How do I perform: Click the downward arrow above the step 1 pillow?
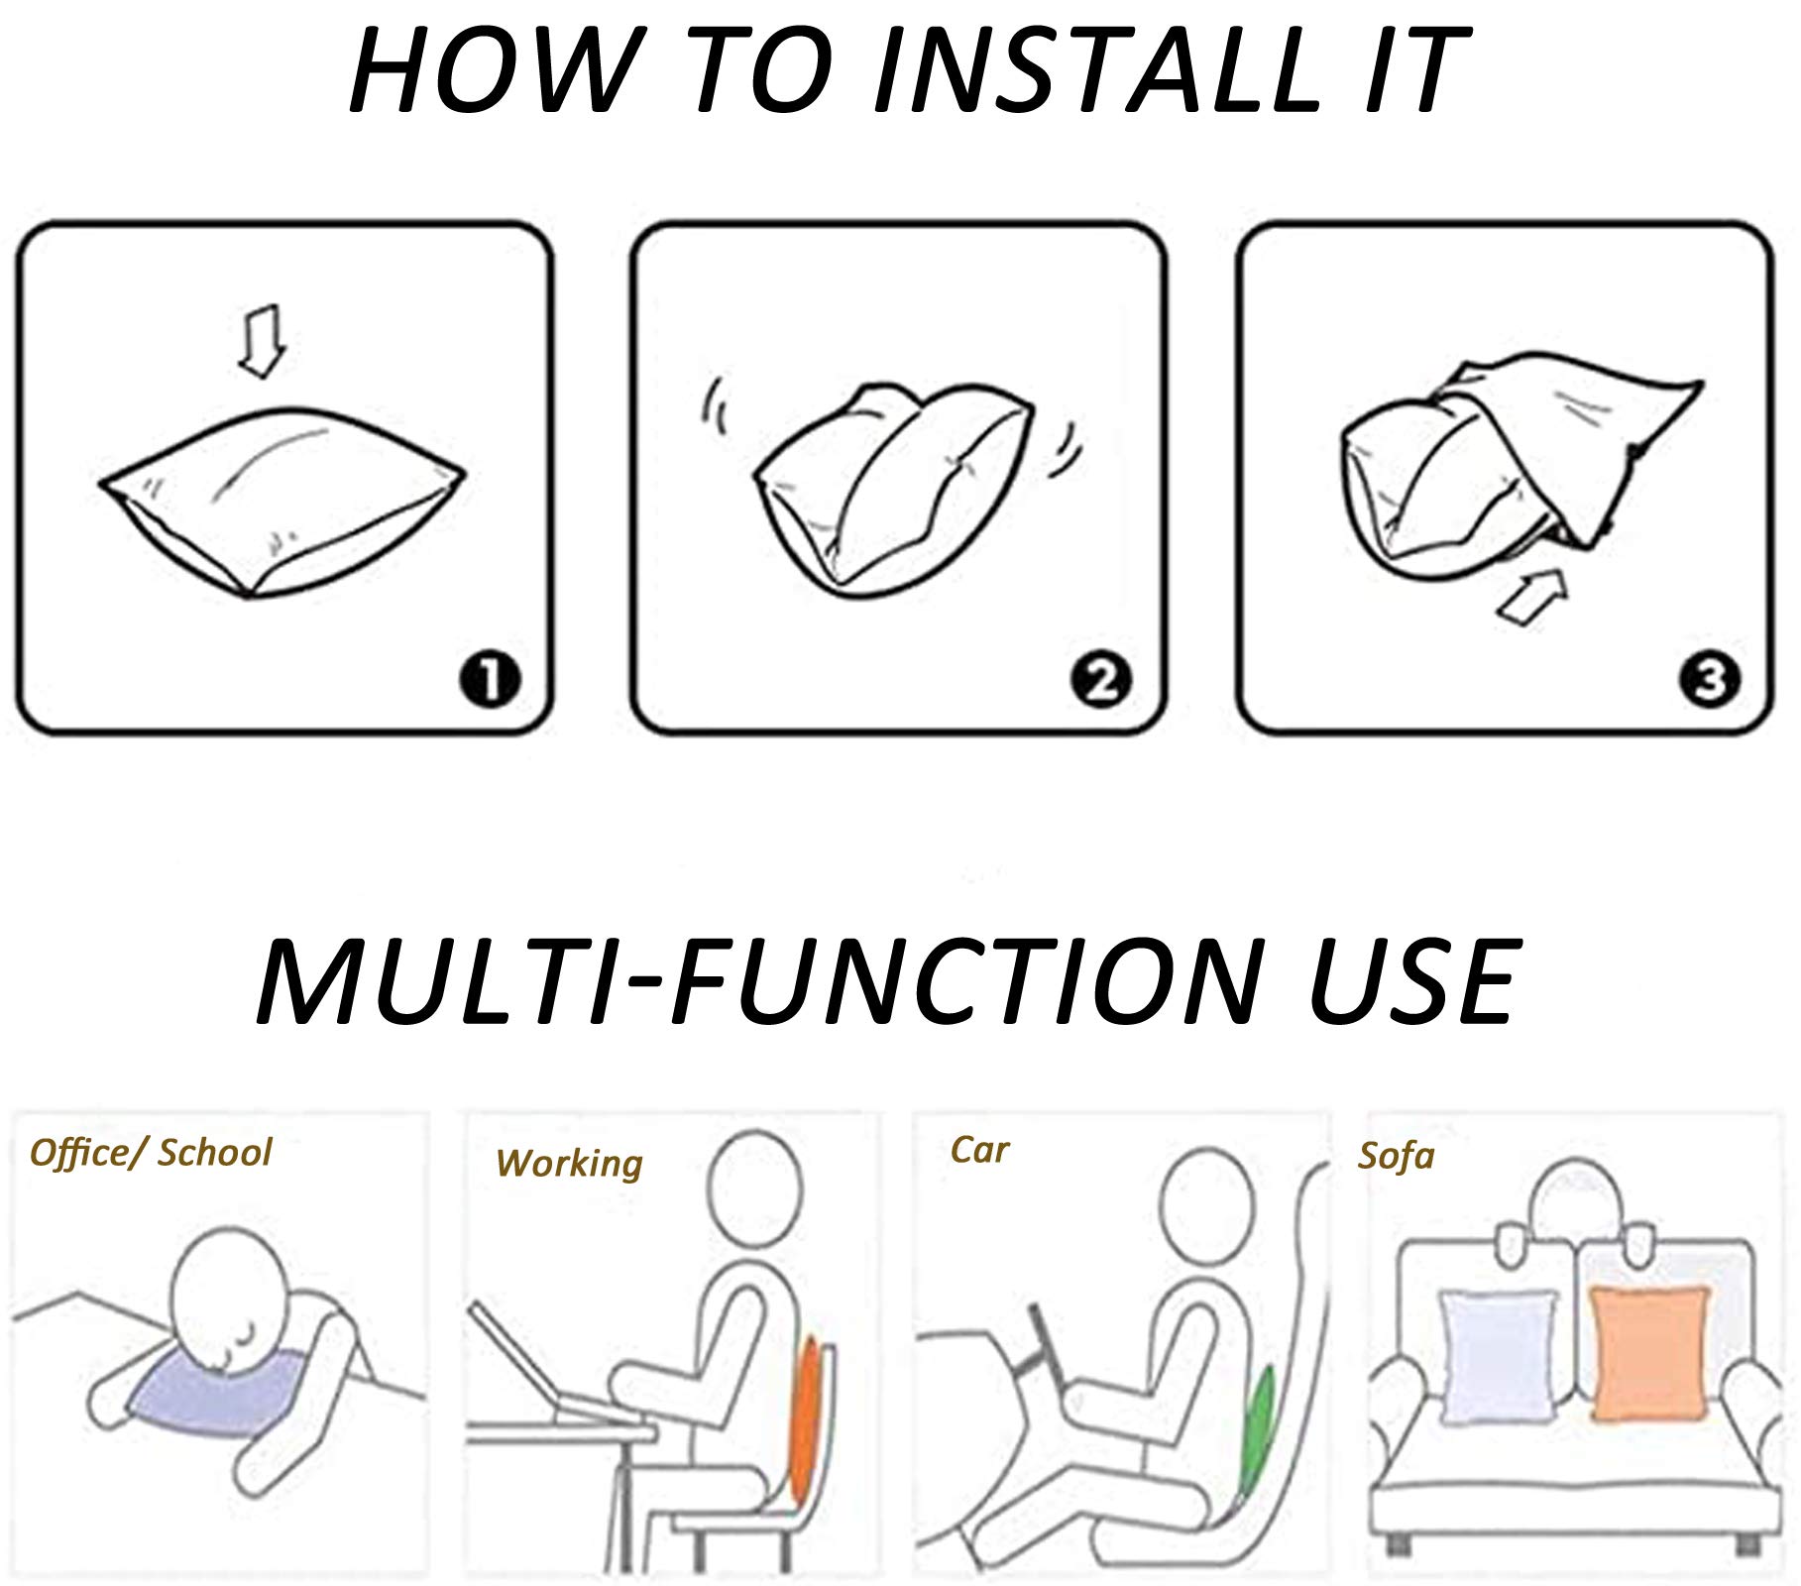pos(263,339)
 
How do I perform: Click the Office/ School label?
pos(151,1153)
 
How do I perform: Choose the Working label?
pos(569,1164)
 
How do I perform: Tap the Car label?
pos(979,1150)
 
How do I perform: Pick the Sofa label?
pos(1396,1156)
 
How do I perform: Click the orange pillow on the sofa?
pos(1650,1353)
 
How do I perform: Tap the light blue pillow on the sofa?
pos(1500,1356)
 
